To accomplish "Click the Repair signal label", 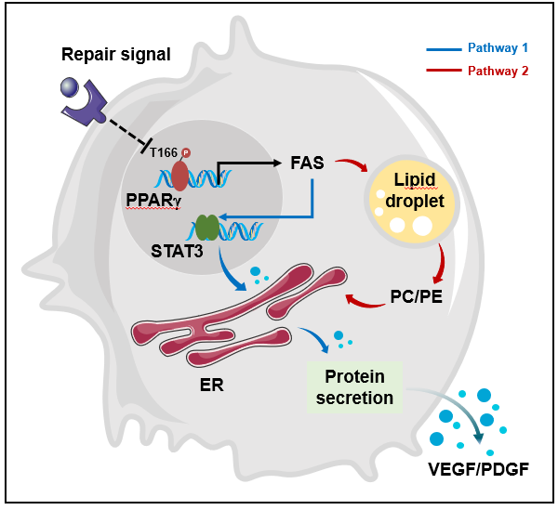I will click(x=116, y=54).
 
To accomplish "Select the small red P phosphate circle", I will click(x=185, y=152).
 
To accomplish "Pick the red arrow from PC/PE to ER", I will click(x=363, y=299).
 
